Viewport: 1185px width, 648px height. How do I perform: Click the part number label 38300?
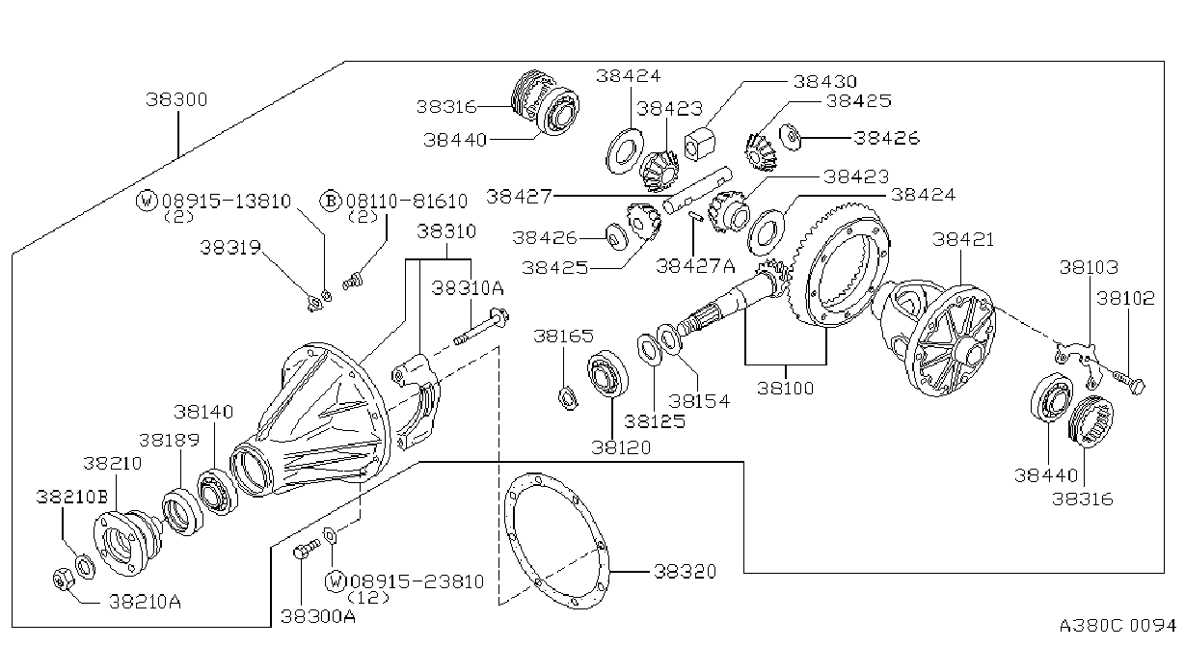pos(176,99)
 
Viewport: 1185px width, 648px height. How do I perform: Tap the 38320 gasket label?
pos(686,571)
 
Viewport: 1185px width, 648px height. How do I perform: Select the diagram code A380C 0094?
pos(1118,626)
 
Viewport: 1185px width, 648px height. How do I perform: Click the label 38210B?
pos(72,497)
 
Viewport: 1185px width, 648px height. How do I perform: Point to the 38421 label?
pos(963,240)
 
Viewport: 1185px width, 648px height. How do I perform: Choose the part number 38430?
pos(824,81)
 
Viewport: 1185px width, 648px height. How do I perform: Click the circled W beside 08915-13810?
pos(147,201)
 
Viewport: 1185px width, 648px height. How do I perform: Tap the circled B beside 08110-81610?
pos(331,201)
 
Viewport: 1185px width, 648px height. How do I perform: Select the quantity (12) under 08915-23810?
pos(368,598)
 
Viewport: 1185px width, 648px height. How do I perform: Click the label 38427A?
pos(695,265)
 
